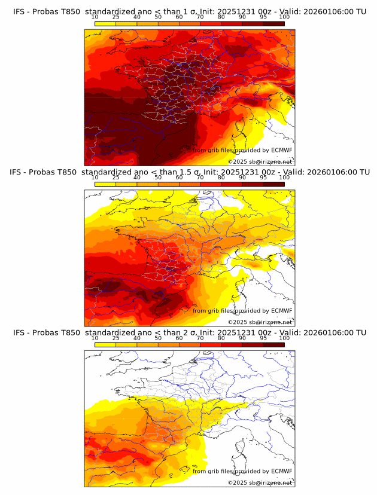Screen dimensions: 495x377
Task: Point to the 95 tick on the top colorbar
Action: pos(263,17)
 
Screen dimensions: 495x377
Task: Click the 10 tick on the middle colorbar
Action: pos(95,178)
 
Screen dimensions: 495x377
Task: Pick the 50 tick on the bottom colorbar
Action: pos(158,338)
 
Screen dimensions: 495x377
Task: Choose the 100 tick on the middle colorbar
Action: pos(284,178)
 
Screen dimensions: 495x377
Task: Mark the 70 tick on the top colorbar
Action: pos(200,17)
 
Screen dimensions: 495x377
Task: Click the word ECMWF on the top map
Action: pos(281,150)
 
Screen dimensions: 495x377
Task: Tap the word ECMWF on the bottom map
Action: pos(281,471)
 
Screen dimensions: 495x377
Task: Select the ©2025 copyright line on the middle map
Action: pos(260,322)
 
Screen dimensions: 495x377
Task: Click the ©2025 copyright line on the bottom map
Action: pos(260,482)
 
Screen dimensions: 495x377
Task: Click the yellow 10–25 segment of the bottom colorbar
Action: pos(105,344)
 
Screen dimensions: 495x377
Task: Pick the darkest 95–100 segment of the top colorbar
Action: pos(273,24)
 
